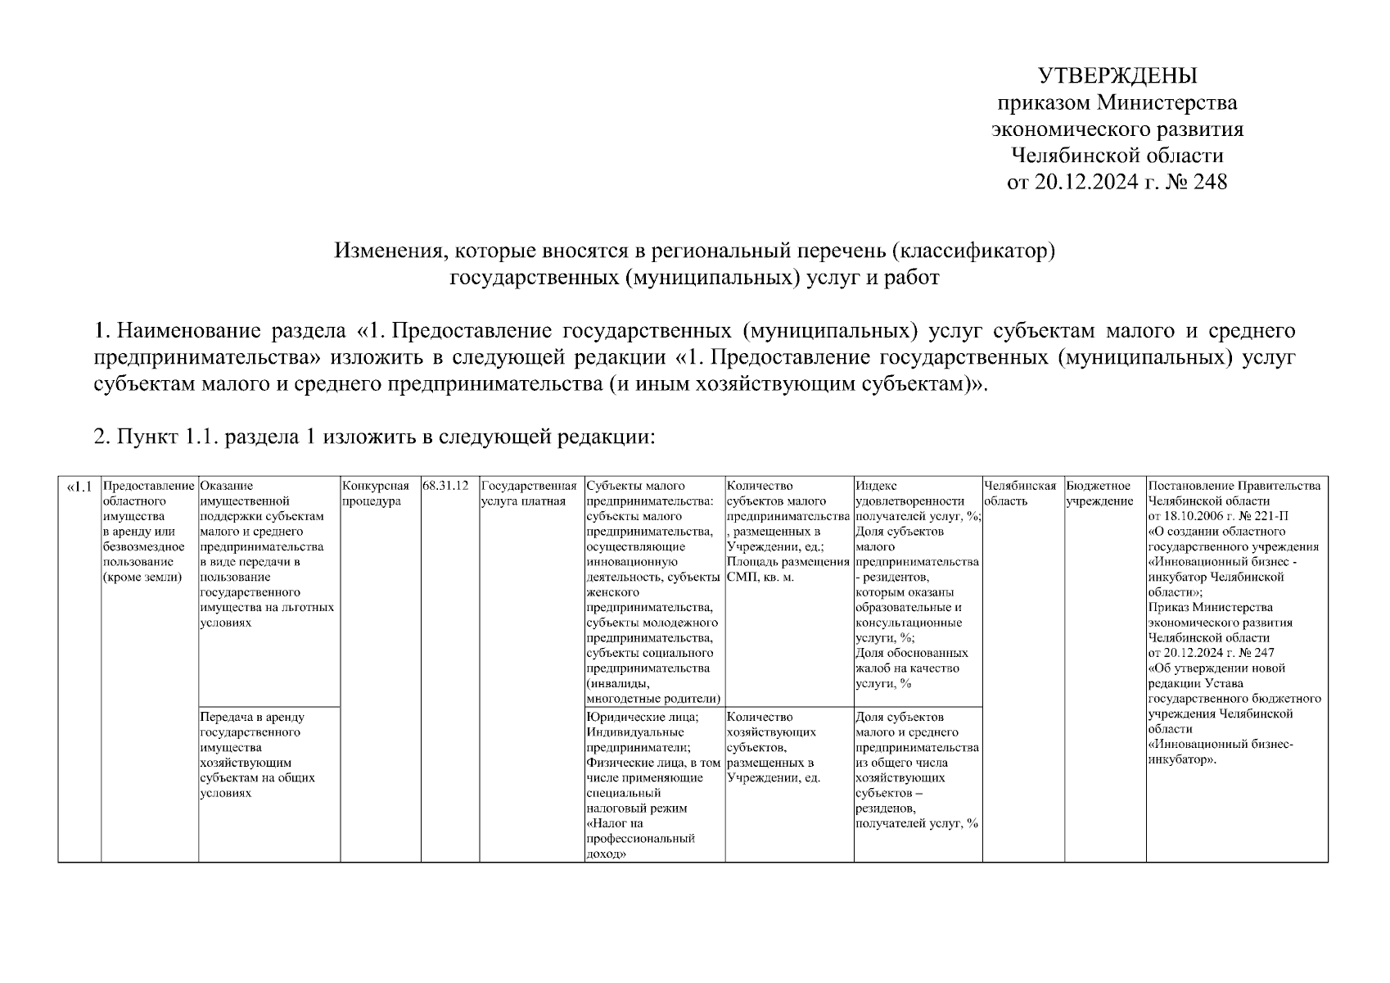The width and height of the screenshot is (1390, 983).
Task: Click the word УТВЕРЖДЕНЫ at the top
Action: (x=1117, y=76)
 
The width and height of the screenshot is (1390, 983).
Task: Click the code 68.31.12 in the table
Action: (x=446, y=486)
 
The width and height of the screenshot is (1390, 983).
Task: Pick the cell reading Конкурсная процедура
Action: (x=375, y=493)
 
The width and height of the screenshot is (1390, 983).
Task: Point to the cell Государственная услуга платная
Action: (x=529, y=493)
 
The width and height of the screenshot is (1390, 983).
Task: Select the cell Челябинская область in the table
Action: (x=1020, y=493)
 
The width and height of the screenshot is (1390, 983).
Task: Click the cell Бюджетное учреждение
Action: (x=1099, y=493)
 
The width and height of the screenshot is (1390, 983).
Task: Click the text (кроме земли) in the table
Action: (x=142, y=578)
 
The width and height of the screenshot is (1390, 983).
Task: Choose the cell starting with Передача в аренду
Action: (x=256, y=754)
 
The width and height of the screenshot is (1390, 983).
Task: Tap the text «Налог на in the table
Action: (x=615, y=823)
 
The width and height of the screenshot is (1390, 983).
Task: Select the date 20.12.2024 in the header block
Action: (x=1085, y=182)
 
